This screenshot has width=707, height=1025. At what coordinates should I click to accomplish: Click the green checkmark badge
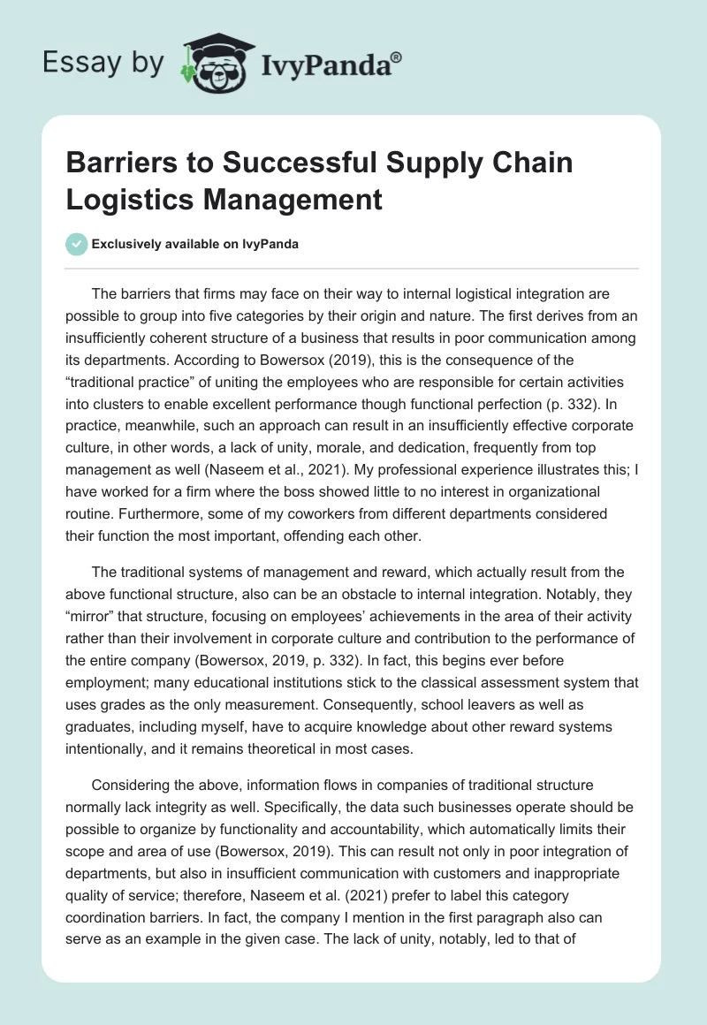tap(76, 244)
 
